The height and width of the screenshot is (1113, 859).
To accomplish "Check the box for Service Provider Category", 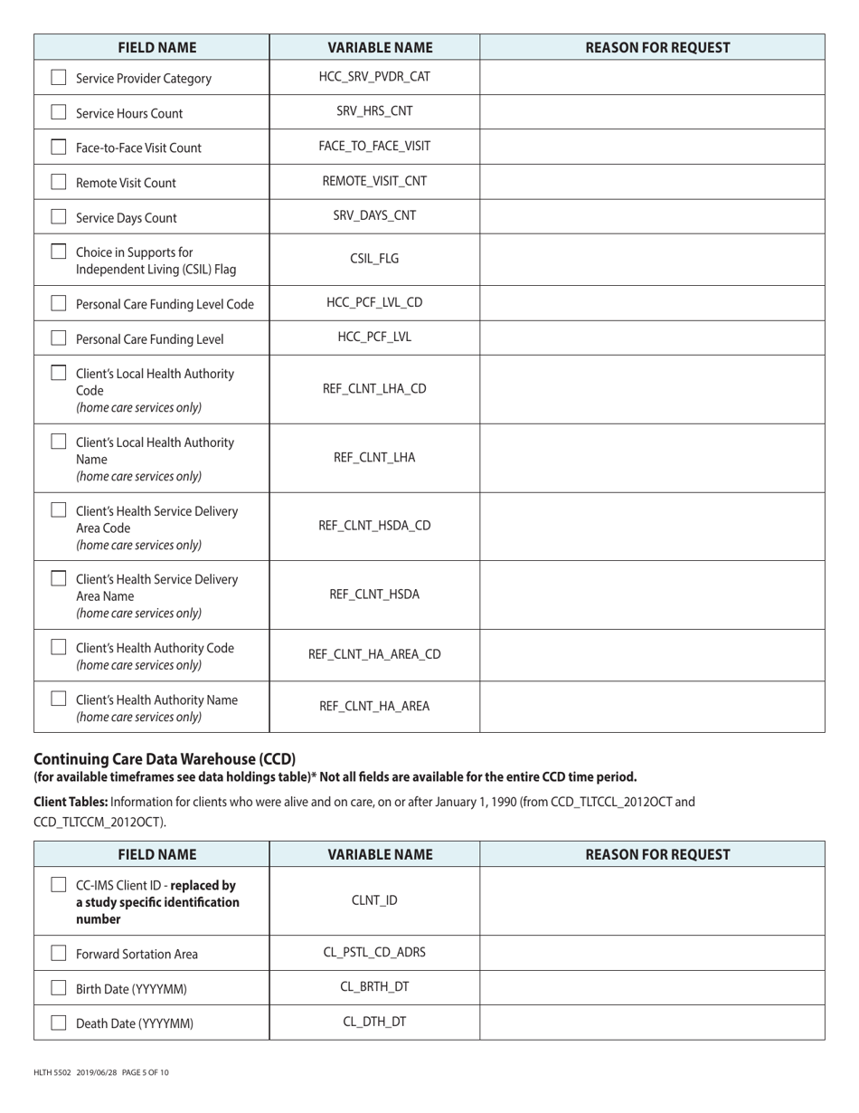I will point(59,78).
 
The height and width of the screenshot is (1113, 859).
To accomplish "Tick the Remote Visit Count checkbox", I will point(59,182).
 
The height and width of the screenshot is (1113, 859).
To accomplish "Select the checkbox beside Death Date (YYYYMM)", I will point(59,1023).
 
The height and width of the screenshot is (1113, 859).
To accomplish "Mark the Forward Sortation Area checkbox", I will point(59,953).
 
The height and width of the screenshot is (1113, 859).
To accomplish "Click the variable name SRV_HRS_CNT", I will point(374,111).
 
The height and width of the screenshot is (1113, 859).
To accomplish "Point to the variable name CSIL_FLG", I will point(374,259).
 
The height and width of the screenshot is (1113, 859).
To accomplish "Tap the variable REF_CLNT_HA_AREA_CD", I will point(374,654).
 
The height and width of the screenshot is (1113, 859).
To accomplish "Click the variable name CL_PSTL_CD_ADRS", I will point(374,952).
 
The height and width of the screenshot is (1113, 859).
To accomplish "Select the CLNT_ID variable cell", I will point(374,900).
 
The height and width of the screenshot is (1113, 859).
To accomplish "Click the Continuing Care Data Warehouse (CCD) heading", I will point(165,758).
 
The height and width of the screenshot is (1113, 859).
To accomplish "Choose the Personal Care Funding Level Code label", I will point(165,304).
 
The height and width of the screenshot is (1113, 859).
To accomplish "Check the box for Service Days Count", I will point(59,217).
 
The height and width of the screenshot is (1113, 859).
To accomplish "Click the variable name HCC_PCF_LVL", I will point(374,337).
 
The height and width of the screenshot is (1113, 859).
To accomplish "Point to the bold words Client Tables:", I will point(71,802).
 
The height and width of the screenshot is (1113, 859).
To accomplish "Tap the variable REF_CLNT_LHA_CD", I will point(374,389).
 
